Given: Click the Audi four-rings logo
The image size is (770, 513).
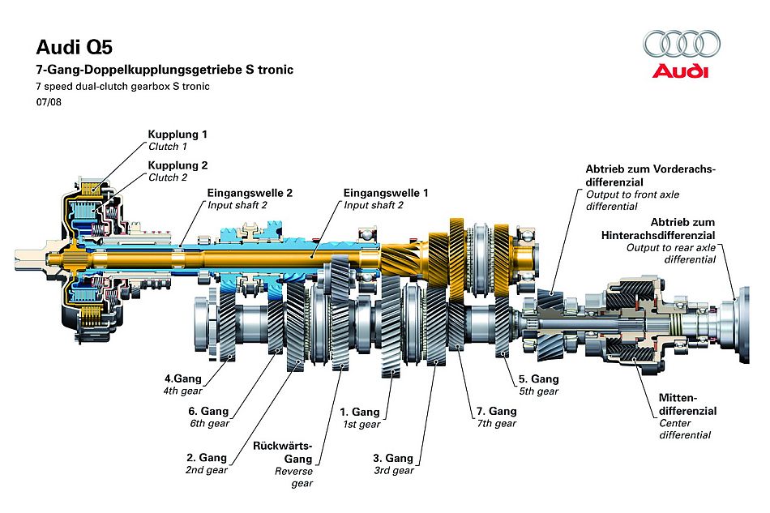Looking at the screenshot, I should click(x=681, y=44).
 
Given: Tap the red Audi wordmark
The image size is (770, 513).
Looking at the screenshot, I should click(x=681, y=71).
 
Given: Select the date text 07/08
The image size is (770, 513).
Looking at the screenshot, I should click(x=49, y=103).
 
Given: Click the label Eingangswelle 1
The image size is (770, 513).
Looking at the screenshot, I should click(x=386, y=193).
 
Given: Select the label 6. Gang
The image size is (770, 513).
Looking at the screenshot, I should click(x=208, y=410).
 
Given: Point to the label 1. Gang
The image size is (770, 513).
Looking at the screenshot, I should click(x=361, y=412).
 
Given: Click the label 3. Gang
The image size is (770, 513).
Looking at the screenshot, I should click(x=394, y=459).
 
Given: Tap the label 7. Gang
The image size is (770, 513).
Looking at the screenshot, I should click(x=497, y=411).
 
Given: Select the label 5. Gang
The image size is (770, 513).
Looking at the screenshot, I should click(x=539, y=378).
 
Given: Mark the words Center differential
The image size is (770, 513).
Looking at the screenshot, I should click(x=685, y=429).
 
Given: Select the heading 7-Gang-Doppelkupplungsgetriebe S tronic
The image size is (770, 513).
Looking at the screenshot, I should click(x=165, y=70).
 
